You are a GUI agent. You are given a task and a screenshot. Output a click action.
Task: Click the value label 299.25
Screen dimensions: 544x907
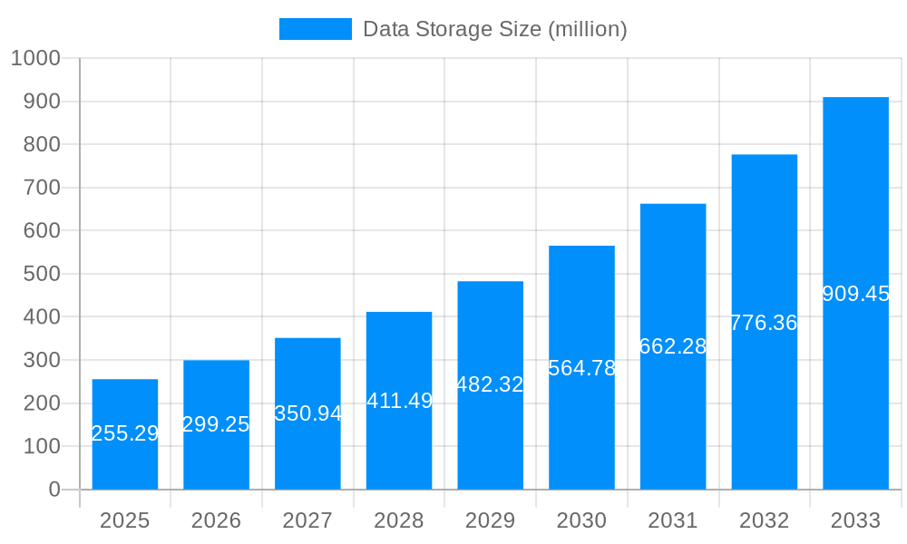point(216,424)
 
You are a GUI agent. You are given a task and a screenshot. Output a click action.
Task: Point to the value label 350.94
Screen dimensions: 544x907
point(308,413)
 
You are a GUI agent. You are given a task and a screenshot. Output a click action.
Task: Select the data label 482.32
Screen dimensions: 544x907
point(490,384)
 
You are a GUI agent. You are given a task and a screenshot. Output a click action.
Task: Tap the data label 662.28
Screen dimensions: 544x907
point(673,346)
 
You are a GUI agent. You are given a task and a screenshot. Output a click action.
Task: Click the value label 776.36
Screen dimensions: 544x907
point(764,323)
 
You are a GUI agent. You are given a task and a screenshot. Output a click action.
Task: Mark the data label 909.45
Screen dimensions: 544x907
point(855,294)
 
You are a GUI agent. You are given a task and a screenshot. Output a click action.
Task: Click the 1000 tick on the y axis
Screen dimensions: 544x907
point(35,58)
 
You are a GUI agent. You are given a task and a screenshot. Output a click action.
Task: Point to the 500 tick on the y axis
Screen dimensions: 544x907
point(40,274)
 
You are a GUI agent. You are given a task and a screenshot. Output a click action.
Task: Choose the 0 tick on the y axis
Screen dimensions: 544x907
point(54,490)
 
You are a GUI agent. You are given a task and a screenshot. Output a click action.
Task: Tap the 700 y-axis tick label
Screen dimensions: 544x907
point(40,188)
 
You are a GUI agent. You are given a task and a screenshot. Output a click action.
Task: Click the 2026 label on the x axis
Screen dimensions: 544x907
point(216,520)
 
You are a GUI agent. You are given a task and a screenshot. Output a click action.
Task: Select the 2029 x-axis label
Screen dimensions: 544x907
point(490,520)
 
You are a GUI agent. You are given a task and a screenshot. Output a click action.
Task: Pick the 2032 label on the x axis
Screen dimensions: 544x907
point(764,520)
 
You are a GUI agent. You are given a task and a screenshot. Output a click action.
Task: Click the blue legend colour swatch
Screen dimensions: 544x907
point(315,29)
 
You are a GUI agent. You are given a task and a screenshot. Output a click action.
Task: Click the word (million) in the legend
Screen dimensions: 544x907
point(588,29)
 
